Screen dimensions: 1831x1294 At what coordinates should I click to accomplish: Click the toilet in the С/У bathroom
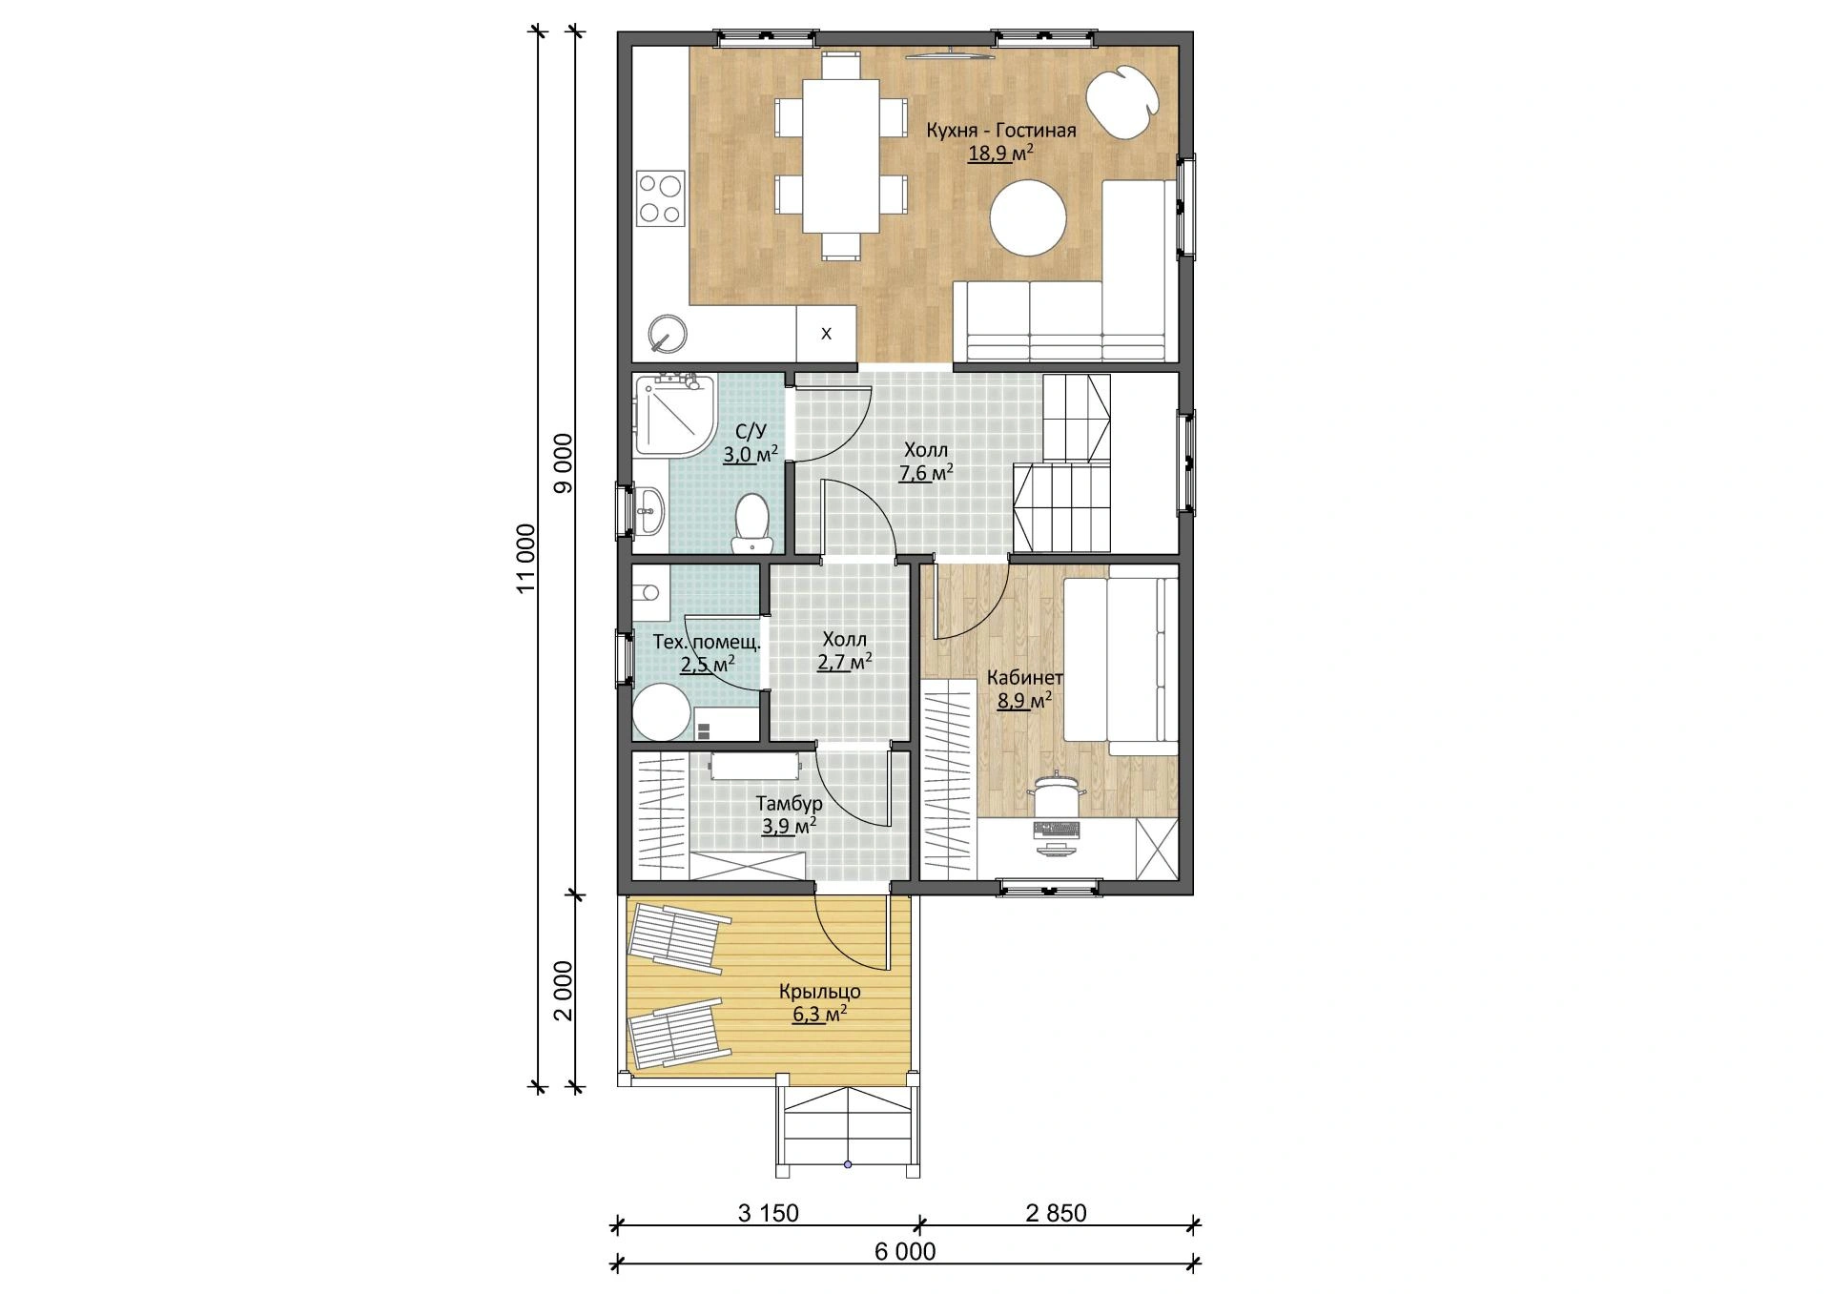(752, 523)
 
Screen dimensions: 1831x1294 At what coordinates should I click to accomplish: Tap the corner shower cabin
(674, 416)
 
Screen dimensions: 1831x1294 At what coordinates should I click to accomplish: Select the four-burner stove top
(660, 198)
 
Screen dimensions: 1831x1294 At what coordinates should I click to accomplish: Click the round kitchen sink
(668, 333)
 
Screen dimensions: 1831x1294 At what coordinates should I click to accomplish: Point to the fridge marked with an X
(826, 334)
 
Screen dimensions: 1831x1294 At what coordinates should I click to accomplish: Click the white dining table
(841, 155)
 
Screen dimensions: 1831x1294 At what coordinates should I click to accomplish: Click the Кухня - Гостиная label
(1001, 131)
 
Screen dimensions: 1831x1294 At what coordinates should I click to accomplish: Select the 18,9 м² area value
(1001, 154)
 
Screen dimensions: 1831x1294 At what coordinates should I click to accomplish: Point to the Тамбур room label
(789, 804)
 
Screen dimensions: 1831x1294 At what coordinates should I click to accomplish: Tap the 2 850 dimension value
(1057, 1213)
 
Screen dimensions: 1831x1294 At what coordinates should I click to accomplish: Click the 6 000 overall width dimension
(905, 1251)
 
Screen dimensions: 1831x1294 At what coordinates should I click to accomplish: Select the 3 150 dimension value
(769, 1213)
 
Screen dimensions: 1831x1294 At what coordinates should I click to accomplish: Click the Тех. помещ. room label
(707, 642)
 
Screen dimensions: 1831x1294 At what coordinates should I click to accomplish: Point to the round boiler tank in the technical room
(662, 714)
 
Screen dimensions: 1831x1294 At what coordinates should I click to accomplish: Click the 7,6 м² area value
(926, 472)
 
